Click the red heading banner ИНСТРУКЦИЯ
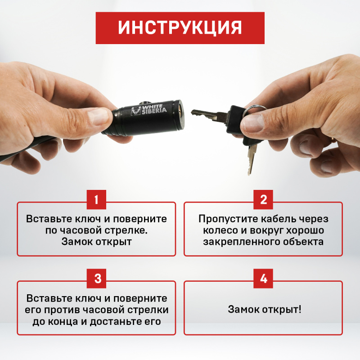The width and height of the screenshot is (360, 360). click(180, 28)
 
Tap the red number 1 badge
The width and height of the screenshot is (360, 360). click(96, 199)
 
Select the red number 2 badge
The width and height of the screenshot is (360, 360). click(263, 199)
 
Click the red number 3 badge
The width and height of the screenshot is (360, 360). click(96, 279)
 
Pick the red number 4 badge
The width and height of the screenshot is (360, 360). click(263, 279)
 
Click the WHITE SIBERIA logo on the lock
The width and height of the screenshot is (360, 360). click(148, 110)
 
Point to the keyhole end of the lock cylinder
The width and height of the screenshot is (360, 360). click(180, 114)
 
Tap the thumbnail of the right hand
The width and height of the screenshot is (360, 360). click(253, 123)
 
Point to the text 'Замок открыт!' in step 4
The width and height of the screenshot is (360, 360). click(265, 309)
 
